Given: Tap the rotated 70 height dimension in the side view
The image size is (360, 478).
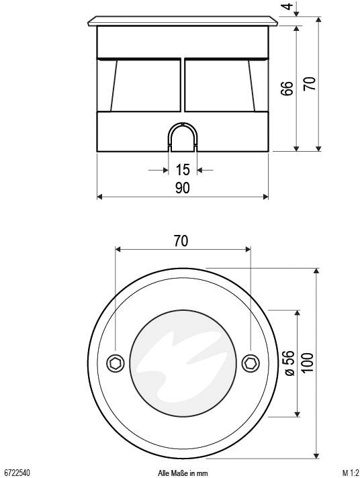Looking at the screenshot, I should [x=310, y=83].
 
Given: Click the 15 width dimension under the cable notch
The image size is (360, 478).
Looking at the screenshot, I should [x=182, y=170].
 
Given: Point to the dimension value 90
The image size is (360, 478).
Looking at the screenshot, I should [x=182, y=188].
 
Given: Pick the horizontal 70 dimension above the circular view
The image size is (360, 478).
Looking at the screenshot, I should [x=181, y=241].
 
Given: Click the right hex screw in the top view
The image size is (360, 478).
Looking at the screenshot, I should [x=251, y=363].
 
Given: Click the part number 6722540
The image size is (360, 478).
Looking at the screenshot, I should [x=17, y=473].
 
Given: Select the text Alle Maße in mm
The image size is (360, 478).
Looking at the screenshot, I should [x=182, y=473].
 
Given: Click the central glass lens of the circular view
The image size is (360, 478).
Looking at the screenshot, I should [x=182, y=363].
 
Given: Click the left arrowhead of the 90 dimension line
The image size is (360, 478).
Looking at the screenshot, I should [x=101, y=197].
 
